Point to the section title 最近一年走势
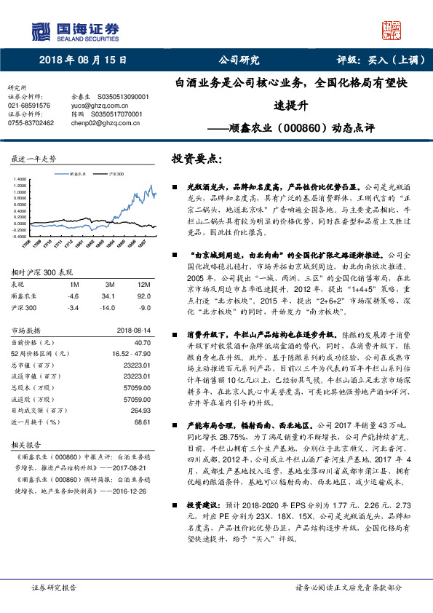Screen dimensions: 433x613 [34, 158]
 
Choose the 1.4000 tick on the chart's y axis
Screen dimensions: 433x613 [20, 178]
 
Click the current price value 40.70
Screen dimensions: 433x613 [142, 342]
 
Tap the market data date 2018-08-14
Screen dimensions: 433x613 [132, 331]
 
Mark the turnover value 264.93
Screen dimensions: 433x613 [141, 409]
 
